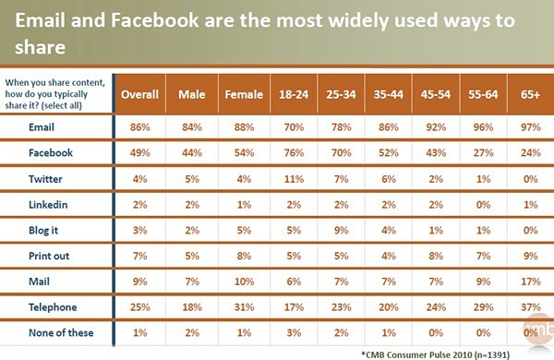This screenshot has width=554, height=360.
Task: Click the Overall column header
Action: point(139,94)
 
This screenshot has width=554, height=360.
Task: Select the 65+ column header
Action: point(530,94)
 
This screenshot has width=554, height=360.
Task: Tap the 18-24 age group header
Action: point(294,94)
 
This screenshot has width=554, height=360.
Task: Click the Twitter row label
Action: point(45,179)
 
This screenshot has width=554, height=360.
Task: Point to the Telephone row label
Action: point(53,307)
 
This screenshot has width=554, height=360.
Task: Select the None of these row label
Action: point(61,332)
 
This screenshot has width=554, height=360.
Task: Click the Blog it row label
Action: point(43,231)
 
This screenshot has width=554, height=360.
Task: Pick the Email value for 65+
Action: point(530,127)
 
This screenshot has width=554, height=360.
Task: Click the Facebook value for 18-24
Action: point(294,153)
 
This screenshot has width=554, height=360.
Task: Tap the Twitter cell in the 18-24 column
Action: point(294,179)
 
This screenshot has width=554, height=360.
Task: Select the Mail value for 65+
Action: point(530,282)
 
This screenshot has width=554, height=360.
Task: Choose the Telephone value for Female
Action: point(244,307)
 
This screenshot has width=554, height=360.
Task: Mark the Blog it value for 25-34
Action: point(342,231)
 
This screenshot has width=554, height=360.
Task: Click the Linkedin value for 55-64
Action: point(483,205)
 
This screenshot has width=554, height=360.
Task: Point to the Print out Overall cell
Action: point(140,256)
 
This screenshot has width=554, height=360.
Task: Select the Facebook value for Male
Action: point(192,153)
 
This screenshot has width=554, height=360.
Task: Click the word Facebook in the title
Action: point(155,20)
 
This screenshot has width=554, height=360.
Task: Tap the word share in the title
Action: point(41,47)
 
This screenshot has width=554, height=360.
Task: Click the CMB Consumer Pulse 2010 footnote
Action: point(435,354)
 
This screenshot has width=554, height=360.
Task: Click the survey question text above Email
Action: point(54,94)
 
